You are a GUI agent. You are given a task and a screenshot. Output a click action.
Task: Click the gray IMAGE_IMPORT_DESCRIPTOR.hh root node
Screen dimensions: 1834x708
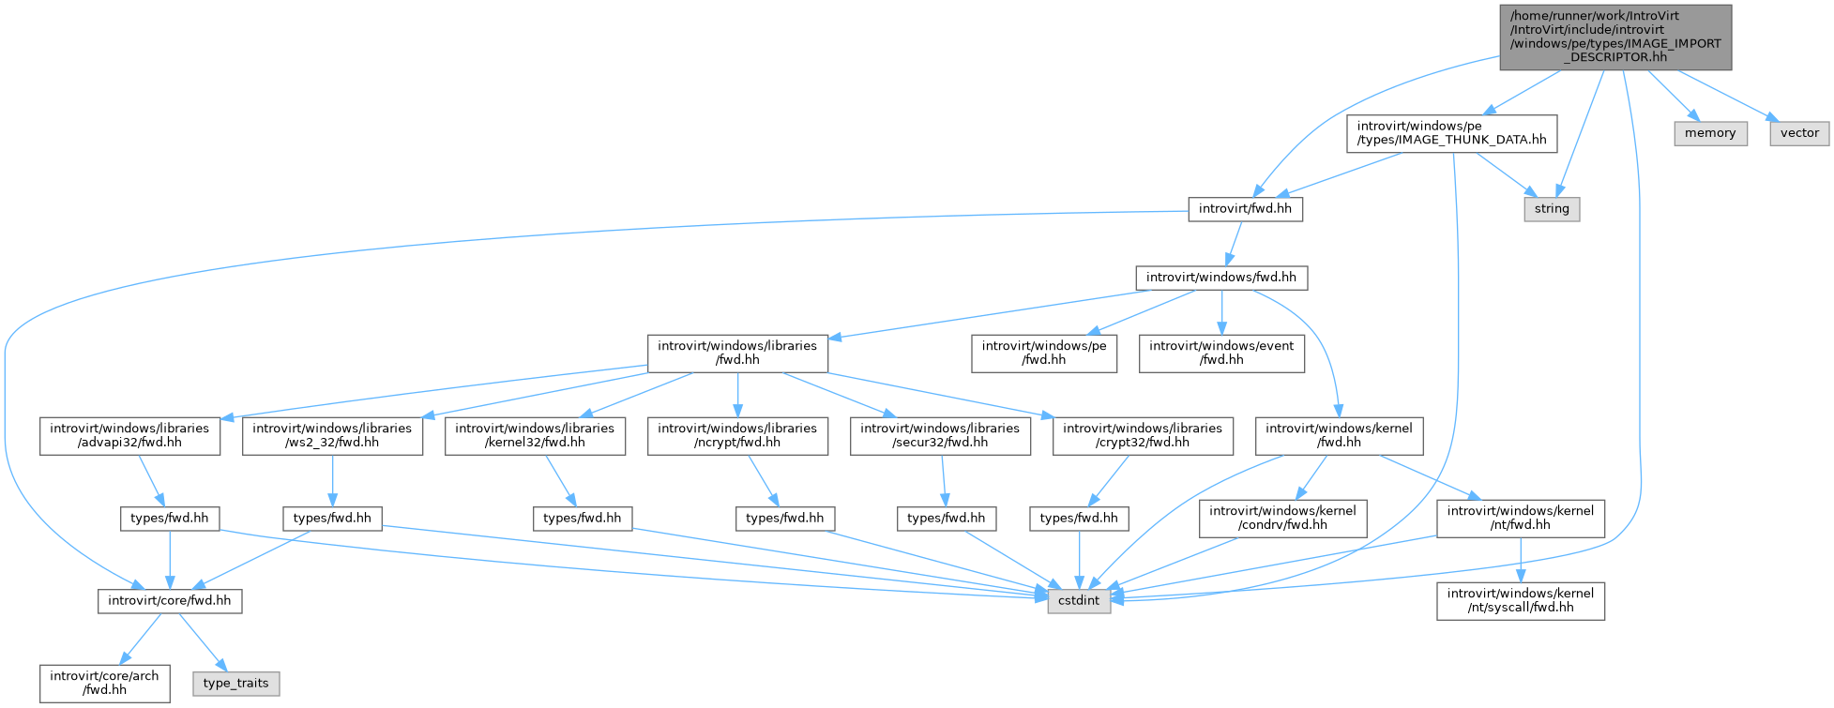click(1615, 38)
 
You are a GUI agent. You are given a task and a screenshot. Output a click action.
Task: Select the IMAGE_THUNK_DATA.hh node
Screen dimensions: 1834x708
click(1451, 133)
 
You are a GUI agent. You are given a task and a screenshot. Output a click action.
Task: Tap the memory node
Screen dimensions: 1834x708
click(1710, 133)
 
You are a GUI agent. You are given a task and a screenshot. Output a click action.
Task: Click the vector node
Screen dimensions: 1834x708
click(1799, 133)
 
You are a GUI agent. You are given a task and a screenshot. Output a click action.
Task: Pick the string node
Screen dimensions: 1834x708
click(1552, 209)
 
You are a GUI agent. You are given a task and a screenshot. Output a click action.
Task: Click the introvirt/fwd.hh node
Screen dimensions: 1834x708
click(1245, 209)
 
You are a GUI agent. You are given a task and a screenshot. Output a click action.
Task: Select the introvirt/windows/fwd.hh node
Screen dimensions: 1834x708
click(1221, 278)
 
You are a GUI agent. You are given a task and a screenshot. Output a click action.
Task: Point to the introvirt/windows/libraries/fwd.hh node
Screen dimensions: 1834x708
click(737, 353)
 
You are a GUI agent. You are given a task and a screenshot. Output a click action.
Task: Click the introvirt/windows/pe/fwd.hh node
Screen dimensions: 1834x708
click(1044, 353)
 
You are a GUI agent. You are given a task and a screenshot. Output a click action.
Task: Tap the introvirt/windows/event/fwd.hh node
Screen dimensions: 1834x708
click(1221, 353)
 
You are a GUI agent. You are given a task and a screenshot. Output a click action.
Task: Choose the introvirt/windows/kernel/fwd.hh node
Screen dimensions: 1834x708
click(1339, 435)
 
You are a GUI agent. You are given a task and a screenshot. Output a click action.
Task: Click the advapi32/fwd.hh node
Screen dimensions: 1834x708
click(129, 435)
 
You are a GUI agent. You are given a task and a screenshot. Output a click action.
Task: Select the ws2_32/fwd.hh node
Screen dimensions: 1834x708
click(332, 435)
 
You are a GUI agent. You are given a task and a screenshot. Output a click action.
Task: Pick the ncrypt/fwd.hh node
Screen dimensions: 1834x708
click(737, 435)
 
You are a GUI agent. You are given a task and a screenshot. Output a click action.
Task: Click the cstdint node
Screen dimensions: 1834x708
click(1079, 601)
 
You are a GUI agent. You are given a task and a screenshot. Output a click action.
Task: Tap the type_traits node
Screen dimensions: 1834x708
click(235, 684)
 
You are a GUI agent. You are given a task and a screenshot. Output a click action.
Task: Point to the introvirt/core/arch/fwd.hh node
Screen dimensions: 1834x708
click(105, 684)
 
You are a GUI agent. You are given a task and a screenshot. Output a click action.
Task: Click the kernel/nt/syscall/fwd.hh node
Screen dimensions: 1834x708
click(1521, 601)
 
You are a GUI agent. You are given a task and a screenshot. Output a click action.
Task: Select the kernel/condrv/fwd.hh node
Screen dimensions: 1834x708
click(1281, 519)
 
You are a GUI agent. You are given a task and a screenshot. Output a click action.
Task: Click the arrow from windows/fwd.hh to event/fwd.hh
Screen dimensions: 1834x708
click(1221, 312)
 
